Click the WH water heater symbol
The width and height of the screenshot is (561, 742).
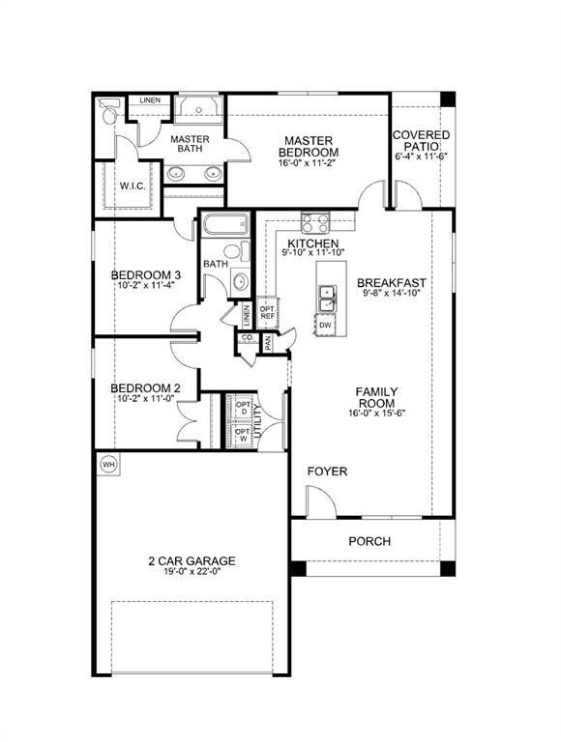tap(108, 464)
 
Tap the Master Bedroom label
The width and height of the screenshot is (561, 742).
tap(308, 146)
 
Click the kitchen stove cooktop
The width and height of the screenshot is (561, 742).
tap(315, 223)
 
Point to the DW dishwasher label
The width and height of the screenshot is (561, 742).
tap(325, 327)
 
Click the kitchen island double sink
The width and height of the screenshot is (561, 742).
tap(328, 299)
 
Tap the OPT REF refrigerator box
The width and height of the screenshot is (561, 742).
tap(267, 314)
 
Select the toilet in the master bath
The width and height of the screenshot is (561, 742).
tap(109, 115)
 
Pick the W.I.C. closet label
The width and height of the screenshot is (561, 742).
tap(133, 185)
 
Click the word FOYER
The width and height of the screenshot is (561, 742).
tap(327, 471)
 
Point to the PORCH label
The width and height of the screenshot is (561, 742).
tap(369, 541)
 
